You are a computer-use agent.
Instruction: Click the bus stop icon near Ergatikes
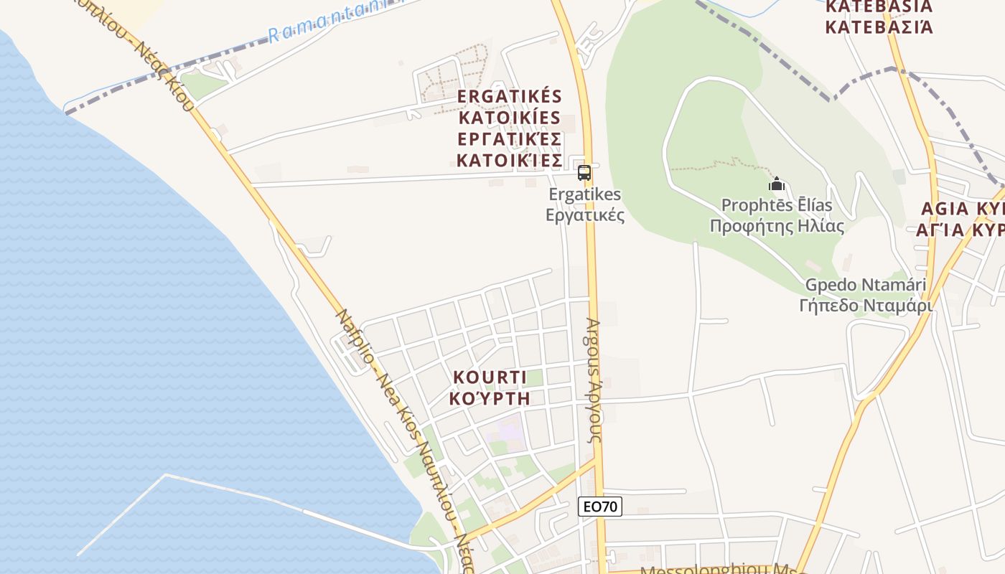[x=584, y=173]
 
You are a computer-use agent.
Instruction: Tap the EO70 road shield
[x=599, y=507]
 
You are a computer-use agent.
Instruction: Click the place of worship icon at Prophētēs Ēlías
[x=776, y=184]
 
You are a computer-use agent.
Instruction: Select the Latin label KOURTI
[x=490, y=377]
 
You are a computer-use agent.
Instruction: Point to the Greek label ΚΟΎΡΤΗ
[x=490, y=398]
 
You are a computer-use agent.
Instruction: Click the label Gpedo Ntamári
[x=865, y=285]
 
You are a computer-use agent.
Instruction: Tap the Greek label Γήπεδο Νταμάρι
[x=865, y=306]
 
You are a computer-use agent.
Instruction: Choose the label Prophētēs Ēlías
[x=777, y=206]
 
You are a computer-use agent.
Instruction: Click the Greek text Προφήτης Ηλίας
[x=777, y=227]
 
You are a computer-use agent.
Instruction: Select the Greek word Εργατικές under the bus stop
[x=585, y=215]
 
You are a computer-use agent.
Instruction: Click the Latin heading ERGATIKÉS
[x=509, y=96]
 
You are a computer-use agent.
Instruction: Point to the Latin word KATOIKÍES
[x=509, y=117]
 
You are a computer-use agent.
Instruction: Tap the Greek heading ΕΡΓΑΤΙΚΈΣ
[x=509, y=138]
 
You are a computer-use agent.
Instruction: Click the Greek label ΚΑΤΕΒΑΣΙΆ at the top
[x=879, y=28]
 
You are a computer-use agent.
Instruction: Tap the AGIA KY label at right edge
[x=962, y=210]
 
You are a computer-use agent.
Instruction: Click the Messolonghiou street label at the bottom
[x=718, y=571]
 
